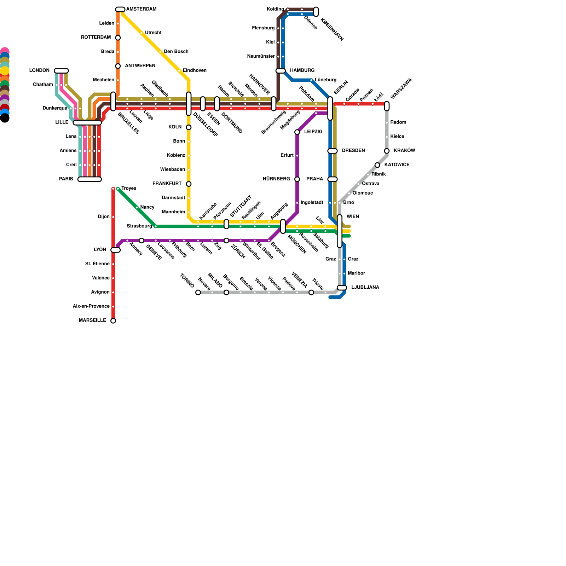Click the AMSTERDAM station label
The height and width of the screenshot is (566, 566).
click(141, 9)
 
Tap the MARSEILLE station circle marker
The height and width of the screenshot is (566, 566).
click(113, 321)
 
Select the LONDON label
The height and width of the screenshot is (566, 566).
click(39, 71)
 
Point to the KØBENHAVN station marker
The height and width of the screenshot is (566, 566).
click(316, 12)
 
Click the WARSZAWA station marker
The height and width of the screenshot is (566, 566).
click(387, 106)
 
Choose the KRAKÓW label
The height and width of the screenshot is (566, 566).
click(404, 151)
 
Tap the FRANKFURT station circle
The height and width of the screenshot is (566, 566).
click(189, 184)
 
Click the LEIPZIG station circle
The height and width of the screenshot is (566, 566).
click(297, 132)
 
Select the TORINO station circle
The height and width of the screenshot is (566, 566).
click(198, 293)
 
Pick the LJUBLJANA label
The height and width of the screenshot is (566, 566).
click(365, 288)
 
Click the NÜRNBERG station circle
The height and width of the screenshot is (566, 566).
click(297, 179)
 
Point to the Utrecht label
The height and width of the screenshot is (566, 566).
click(153, 33)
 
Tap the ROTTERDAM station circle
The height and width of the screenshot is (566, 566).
click(118, 38)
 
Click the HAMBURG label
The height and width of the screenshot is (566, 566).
click(302, 71)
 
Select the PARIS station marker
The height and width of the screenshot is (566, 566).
click(89, 179)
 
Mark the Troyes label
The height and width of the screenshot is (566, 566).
click(129, 189)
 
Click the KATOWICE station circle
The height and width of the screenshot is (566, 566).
click(377, 165)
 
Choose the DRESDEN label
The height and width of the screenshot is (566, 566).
click(353, 151)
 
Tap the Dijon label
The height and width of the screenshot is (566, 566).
click(104, 217)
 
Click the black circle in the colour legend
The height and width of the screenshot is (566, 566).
click(5, 118)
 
